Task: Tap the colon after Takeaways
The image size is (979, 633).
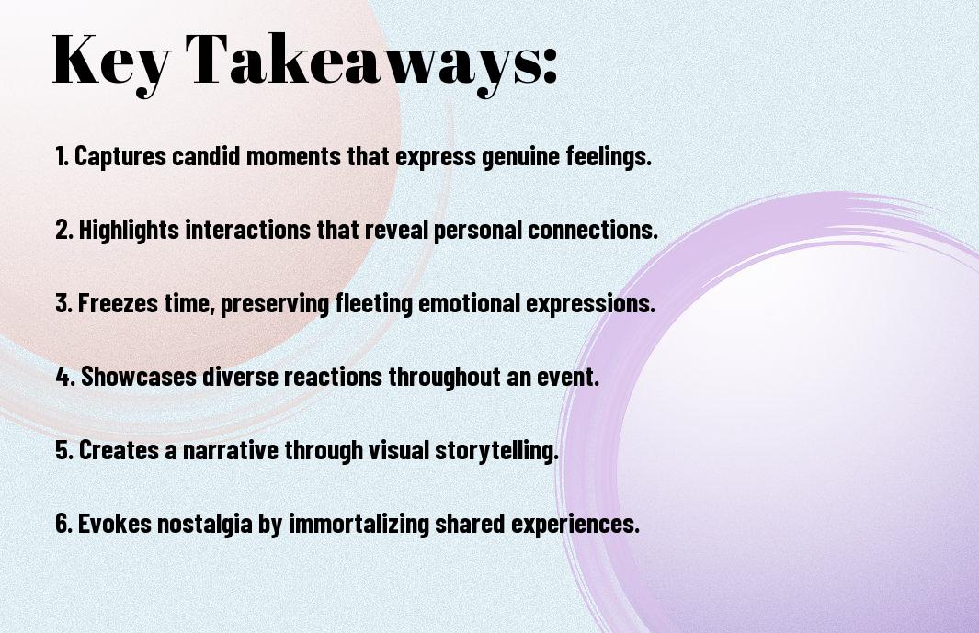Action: (x=549, y=67)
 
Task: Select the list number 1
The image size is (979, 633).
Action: (x=62, y=156)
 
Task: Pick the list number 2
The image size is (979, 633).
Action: (x=64, y=230)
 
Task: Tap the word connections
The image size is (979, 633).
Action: (x=593, y=230)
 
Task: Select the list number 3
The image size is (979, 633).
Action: (x=64, y=303)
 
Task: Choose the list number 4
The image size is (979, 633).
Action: (x=65, y=377)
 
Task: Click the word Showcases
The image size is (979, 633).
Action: (x=139, y=377)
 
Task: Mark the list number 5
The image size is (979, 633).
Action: (x=64, y=450)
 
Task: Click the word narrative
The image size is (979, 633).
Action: (x=231, y=450)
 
